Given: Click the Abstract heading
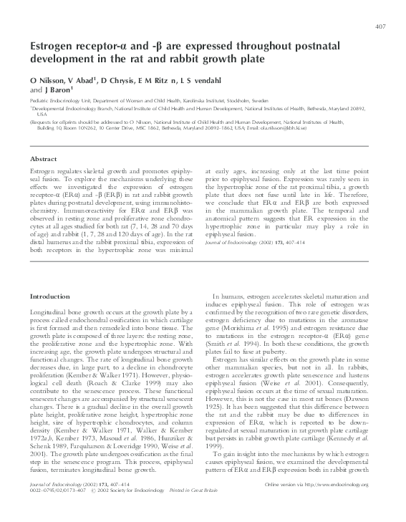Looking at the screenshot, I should pos(44,158).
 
